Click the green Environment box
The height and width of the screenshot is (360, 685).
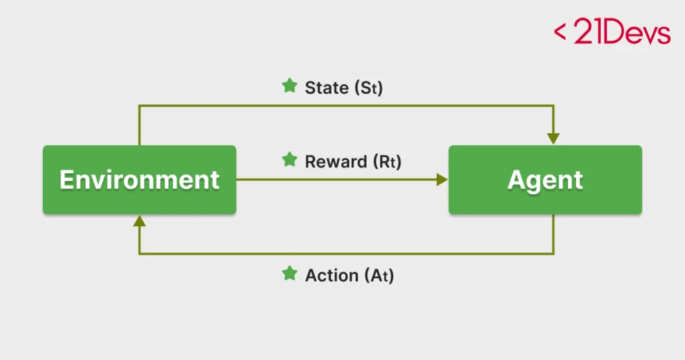coord(139,201)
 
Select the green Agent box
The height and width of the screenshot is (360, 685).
coord(545,201)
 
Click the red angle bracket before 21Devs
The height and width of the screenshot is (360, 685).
coord(560,32)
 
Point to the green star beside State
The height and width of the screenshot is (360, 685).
coord(289,86)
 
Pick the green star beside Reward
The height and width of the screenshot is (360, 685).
coord(289,160)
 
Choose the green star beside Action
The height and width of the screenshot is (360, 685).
coord(289,274)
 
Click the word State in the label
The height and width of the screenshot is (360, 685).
coord(326,88)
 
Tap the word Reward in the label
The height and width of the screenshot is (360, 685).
coord(336,161)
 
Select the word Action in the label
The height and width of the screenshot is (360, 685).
coord(331,275)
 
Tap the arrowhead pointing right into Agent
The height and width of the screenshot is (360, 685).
coord(442,179)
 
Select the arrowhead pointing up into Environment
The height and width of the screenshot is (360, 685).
coord(139,221)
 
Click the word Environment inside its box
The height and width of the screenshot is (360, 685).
coord(139,179)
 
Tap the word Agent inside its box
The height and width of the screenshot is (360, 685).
coord(545,179)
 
